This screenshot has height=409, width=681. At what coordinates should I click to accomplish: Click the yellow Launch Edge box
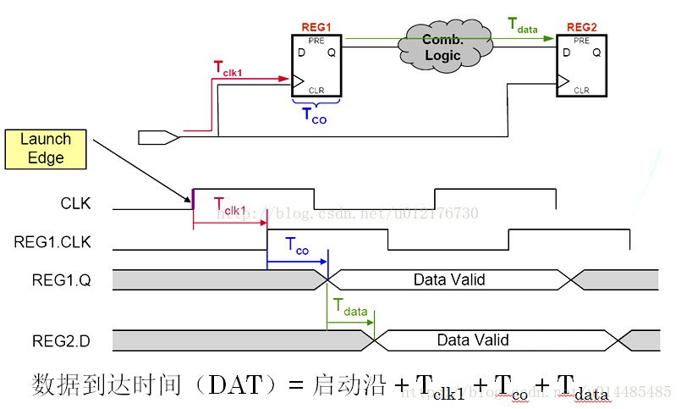[46, 148]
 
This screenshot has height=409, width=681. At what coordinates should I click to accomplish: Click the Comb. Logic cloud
[442, 47]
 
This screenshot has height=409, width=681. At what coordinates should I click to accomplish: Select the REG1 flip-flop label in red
[316, 28]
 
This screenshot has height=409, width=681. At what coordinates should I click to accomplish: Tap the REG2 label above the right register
[582, 28]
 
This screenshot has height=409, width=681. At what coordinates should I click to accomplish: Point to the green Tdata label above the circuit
[523, 25]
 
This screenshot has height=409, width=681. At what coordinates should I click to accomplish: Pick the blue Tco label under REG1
[314, 117]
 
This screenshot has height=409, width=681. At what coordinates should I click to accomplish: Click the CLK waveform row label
[75, 204]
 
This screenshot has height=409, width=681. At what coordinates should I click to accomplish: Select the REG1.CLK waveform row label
[52, 242]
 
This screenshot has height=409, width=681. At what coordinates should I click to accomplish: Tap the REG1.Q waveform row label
[52, 279]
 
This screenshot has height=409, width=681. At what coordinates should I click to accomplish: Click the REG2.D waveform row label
[52, 340]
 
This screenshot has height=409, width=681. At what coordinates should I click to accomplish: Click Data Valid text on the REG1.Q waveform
[449, 279]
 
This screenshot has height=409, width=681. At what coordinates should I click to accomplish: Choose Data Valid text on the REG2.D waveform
[473, 340]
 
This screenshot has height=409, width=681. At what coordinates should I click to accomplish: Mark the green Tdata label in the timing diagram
[350, 308]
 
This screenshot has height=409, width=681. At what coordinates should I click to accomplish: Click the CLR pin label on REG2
[581, 90]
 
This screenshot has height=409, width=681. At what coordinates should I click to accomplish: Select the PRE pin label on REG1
[316, 40]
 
